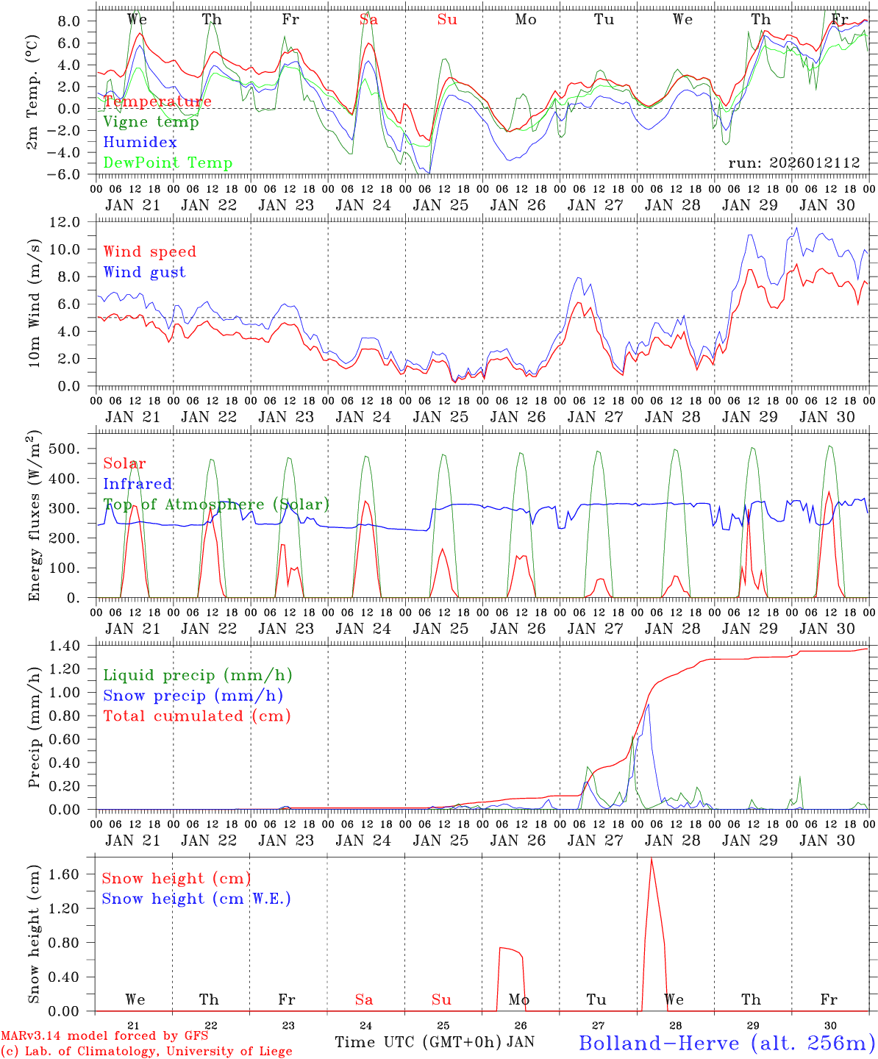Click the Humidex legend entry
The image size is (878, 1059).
point(140,142)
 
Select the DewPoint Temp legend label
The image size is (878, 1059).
point(168,163)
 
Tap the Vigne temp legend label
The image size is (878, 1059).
point(151,121)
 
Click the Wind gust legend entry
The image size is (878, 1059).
point(144,272)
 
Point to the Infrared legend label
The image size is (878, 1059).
point(138,484)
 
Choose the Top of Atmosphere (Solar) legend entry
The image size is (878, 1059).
point(216,504)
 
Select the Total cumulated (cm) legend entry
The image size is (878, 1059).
point(196,716)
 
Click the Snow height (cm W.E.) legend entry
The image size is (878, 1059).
point(196,899)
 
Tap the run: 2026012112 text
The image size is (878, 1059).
point(793,163)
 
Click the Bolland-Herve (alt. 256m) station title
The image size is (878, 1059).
point(727,1042)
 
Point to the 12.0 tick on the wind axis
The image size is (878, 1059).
point(74,222)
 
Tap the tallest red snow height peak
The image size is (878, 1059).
point(651,859)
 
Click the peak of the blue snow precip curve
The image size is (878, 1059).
point(648,705)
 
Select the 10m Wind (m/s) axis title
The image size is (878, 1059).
point(35,301)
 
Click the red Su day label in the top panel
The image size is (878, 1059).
point(447,20)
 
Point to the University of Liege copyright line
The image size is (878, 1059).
point(146,1051)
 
